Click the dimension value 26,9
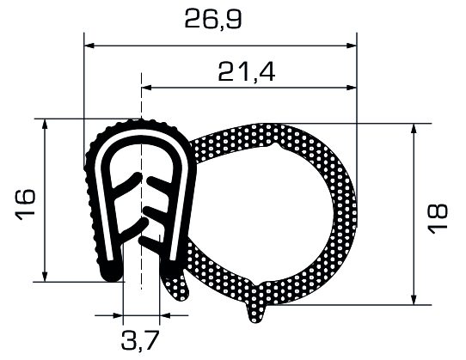click(x=213, y=19)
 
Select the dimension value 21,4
click(x=247, y=73)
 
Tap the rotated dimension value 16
click(x=25, y=204)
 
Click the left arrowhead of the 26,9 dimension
click(x=89, y=46)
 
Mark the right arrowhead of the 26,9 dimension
click(x=351, y=46)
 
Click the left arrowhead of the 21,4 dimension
click(x=147, y=88)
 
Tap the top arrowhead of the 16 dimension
click(x=45, y=125)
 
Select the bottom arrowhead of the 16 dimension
click(x=45, y=276)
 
